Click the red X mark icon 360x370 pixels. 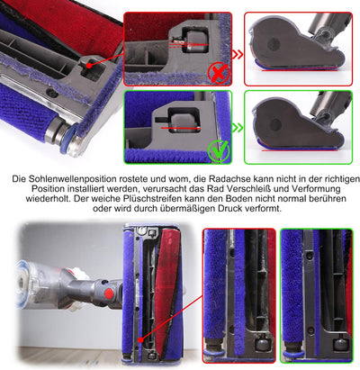pyautogui.click(x=219, y=73)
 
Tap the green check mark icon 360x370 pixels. pyautogui.click(x=219, y=150)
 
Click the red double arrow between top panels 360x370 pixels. pyautogui.click(x=238, y=55)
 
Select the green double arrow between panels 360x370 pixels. pyautogui.click(x=238, y=128)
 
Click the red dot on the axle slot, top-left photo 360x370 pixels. pyautogui.click(x=89, y=65)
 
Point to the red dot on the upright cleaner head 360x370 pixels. pyautogui.click(x=140, y=340)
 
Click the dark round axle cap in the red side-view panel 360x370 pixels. pyautogui.click(x=274, y=44)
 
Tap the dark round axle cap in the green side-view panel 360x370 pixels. pyautogui.click(x=275, y=124)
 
